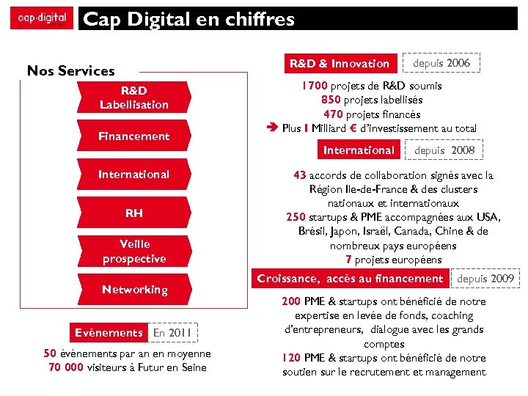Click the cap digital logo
tap(41, 18)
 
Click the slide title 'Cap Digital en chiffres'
tap(189, 19)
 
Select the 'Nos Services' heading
tap(70, 70)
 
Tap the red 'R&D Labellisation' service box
tap(134, 98)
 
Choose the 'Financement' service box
tap(134, 136)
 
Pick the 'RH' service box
tap(134, 213)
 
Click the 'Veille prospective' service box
tap(134, 251)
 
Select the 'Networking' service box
tap(134, 290)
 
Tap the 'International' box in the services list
tap(134, 174)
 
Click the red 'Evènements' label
tap(109, 332)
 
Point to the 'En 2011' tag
tap(172, 333)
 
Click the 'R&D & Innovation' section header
tap(339, 63)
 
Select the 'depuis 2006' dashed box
tap(441, 63)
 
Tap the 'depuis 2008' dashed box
tap(444, 150)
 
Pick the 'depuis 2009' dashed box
tap(485, 279)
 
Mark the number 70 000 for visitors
tap(65, 367)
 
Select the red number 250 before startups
tap(296, 217)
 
